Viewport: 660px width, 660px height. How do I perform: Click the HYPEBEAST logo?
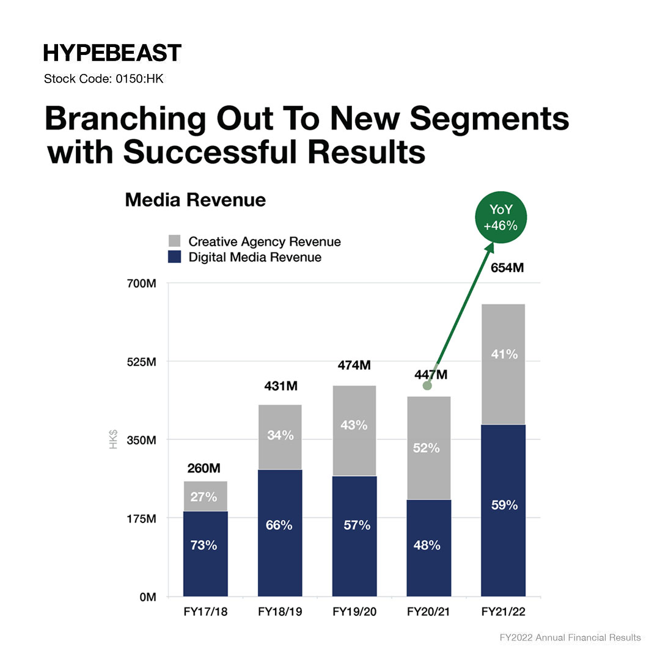coord(112,53)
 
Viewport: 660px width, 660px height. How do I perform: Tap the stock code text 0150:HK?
coord(104,79)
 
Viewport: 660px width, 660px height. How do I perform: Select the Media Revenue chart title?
coord(195,200)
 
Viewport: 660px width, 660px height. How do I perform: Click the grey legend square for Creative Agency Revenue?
coord(175,241)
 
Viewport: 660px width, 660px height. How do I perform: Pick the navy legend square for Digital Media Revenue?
coord(175,257)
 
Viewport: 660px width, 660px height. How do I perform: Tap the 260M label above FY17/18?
coord(204,469)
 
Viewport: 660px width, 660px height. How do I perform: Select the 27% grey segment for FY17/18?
coord(205,496)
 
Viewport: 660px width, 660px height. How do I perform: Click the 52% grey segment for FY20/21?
coord(428,448)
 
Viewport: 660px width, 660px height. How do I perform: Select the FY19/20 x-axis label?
coord(354,612)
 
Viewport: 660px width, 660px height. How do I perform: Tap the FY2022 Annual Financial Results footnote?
coord(570,637)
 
